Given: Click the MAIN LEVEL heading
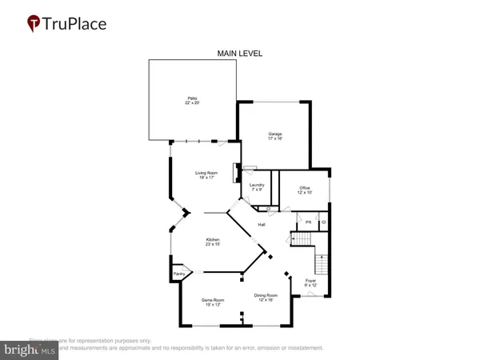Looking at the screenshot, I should (x=240, y=54).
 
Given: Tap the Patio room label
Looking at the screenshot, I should (x=192, y=98).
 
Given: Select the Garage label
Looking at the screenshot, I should (x=275, y=134).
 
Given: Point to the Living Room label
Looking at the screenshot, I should (x=207, y=173).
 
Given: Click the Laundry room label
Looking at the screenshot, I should (x=256, y=185).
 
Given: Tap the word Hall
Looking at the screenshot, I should (x=261, y=225).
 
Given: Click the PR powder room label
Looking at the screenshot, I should (x=308, y=222).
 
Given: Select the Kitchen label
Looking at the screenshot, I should (x=214, y=239).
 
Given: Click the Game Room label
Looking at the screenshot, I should (x=213, y=300).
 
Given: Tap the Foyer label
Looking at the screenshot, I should (x=311, y=280).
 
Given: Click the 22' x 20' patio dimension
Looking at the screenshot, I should (x=192, y=104).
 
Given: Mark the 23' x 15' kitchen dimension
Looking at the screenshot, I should (x=214, y=245).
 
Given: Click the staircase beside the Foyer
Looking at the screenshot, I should (x=322, y=262).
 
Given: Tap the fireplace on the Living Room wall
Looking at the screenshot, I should (x=236, y=174).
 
